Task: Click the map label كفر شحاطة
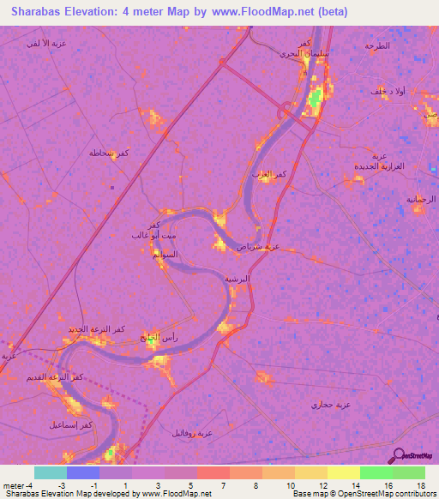[x=109, y=153]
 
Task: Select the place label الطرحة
[x=376, y=45]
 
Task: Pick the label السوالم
[x=165, y=255]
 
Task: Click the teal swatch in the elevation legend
[x=50, y=472]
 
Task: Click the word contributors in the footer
[x=414, y=494]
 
